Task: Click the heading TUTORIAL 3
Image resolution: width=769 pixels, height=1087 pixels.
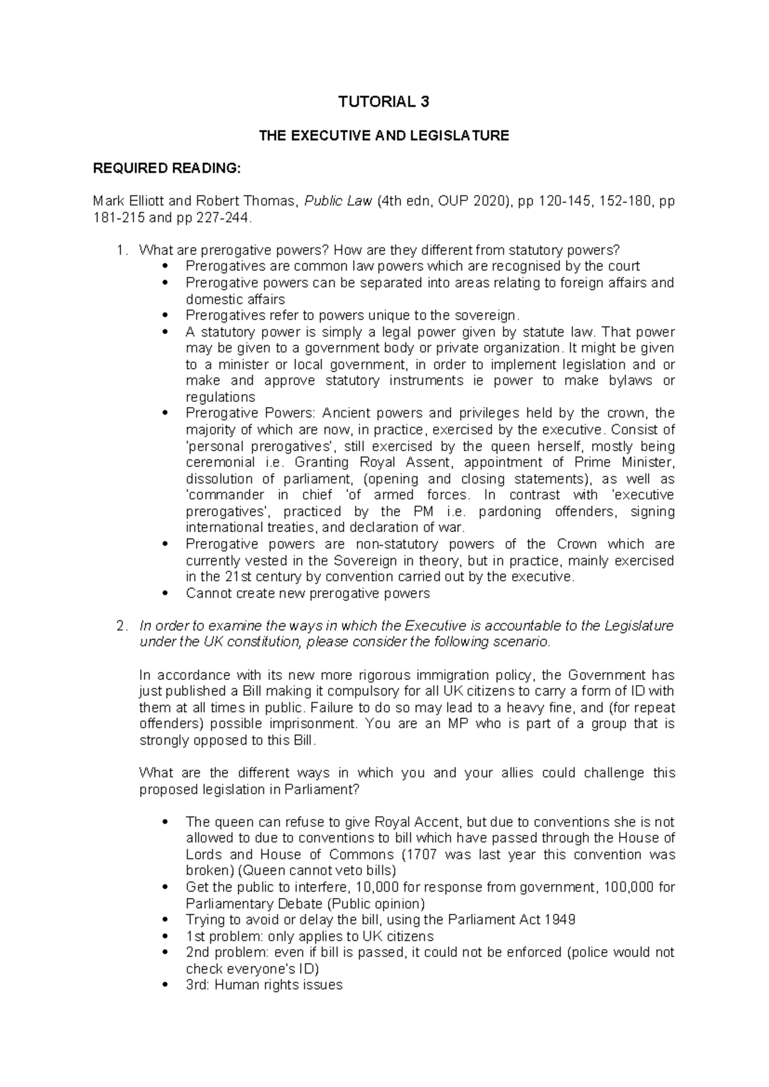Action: point(384,102)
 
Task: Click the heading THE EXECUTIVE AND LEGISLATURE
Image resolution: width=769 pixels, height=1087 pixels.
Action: point(383,136)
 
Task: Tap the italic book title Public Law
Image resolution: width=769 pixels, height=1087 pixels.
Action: point(340,202)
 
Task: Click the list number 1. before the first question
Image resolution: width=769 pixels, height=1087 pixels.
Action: point(124,250)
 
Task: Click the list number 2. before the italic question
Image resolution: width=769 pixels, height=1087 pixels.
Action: point(124,626)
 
